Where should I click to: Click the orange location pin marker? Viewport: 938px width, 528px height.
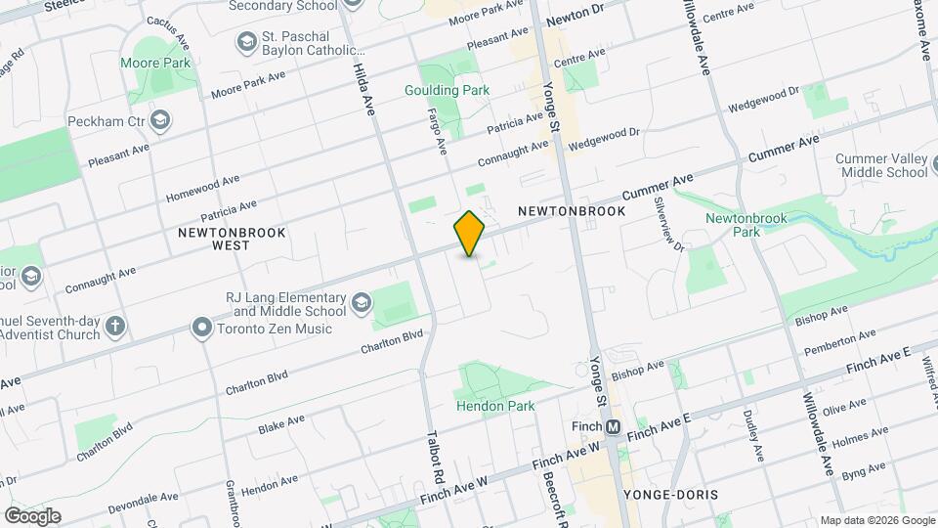[470, 234]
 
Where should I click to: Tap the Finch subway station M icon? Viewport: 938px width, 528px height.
[614, 427]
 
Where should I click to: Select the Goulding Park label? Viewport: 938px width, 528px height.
[447, 90]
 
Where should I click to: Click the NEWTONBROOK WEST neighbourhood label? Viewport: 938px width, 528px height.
[214, 238]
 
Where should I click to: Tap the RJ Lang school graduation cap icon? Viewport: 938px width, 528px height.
[362, 303]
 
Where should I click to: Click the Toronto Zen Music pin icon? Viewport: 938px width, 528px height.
[202, 326]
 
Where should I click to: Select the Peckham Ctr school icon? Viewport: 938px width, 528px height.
[160, 121]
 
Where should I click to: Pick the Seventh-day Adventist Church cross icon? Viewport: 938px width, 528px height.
[116, 326]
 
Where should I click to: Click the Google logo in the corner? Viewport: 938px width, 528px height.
[32, 515]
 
